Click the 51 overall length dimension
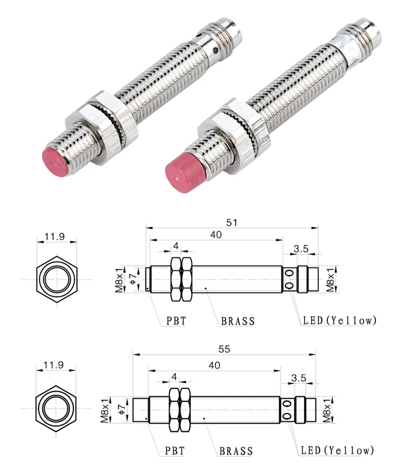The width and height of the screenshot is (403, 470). tap(232, 222)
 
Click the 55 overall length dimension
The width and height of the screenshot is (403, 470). tap(224, 349)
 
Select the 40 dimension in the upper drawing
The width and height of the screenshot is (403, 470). tap(215, 234)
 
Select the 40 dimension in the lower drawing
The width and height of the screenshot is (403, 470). tap(214, 365)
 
